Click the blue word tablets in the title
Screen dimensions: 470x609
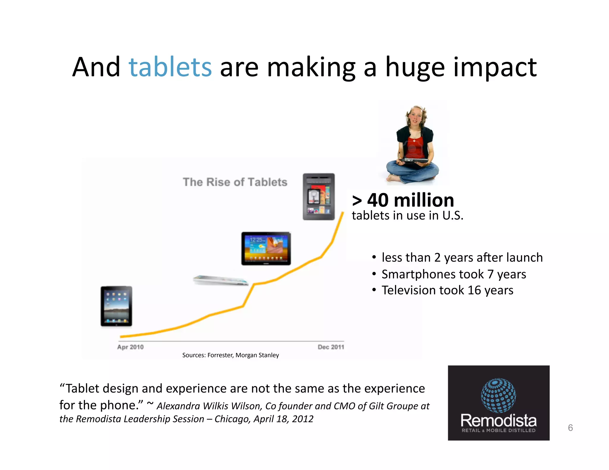pyautogui.click(x=170, y=67)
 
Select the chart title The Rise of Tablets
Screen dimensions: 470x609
pyautogui.click(x=235, y=182)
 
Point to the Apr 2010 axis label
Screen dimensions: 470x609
pyautogui.click(x=130, y=347)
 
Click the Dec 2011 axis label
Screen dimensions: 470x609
pyautogui.click(x=331, y=347)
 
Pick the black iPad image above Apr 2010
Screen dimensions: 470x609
pyautogui.click(x=116, y=306)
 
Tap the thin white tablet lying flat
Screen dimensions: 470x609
pyautogui.click(x=220, y=280)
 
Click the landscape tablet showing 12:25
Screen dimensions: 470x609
pyautogui.click(x=266, y=248)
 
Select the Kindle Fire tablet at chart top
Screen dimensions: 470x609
pyautogui.click(x=318, y=197)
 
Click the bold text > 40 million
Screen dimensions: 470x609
pyautogui.click(x=403, y=200)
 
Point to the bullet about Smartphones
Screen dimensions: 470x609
pyautogui.click(x=453, y=274)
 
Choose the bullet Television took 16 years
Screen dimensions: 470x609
pyautogui.click(x=447, y=290)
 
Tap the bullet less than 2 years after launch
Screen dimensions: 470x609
pyautogui.click(x=462, y=258)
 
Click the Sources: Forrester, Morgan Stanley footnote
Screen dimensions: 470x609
pyautogui.click(x=230, y=355)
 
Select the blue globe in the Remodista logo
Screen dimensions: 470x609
pyautogui.click(x=498, y=395)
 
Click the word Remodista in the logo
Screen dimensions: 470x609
pyautogui.click(x=498, y=420)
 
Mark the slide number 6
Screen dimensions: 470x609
pyautogui.click(x=570, y=428)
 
